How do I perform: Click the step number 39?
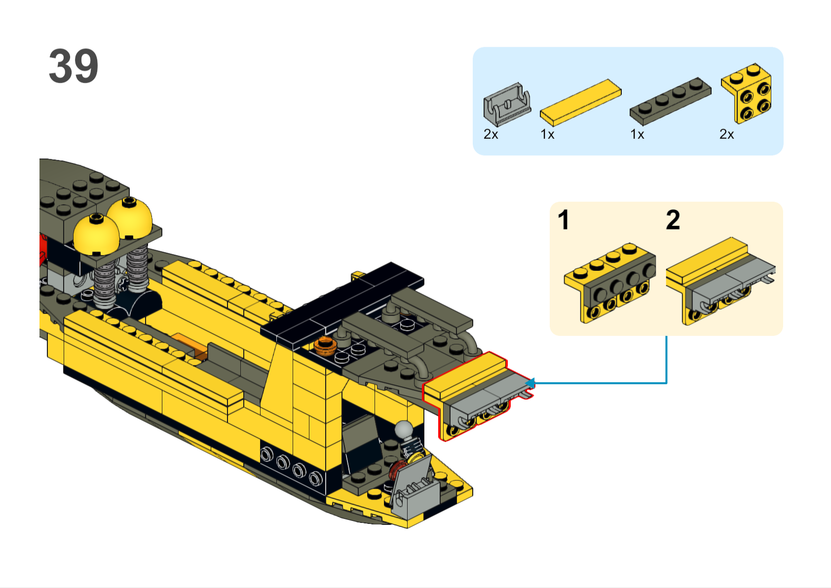point(74,66)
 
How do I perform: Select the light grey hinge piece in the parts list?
point(507,104)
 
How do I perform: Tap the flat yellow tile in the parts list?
point(581,102)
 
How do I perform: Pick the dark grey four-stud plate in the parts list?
point(670,101)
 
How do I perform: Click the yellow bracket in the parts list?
point(747,93)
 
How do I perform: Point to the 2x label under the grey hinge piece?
point(491,134)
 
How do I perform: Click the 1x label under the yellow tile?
point(547,134)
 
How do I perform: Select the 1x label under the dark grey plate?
point(637,134)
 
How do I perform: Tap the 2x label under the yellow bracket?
point(726,134)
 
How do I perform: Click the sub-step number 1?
point(564,220)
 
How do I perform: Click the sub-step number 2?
point(673,220)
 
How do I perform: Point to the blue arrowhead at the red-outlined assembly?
point(530,383)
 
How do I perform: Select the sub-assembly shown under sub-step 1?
point(609,283)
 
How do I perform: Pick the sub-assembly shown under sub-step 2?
point(720,281)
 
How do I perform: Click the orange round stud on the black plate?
point(325,345)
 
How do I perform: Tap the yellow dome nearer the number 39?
point(96,235)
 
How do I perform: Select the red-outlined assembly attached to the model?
point(478,396)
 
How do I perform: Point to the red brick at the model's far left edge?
point(43,249)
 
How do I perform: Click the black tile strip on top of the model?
point(341,304)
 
